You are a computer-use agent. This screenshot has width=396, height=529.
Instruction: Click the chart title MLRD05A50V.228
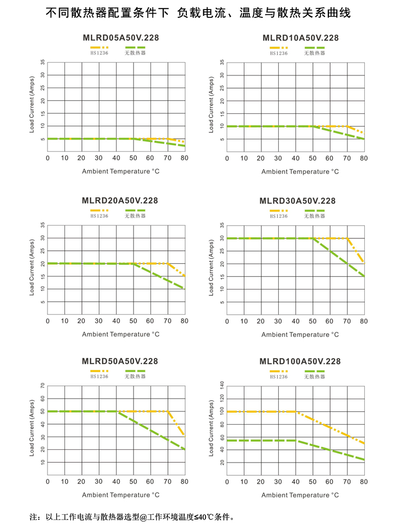120,38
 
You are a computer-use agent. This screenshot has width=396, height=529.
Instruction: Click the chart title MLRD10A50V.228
300,38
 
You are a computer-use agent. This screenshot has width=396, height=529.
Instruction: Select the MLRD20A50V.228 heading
120,200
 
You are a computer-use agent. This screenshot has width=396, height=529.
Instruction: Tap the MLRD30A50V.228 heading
298,200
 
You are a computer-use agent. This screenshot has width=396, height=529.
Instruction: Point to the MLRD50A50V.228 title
120,361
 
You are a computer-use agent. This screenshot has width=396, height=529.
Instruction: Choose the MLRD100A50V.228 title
300,361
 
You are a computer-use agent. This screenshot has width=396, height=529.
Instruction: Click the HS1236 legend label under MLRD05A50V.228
99,53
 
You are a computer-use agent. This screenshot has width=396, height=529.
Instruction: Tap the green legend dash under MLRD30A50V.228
314,210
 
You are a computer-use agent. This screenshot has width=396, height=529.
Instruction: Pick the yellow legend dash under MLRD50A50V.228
99,371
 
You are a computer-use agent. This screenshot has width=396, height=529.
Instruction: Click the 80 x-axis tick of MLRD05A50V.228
184,158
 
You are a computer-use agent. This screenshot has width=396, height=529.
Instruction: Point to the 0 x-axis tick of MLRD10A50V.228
227,158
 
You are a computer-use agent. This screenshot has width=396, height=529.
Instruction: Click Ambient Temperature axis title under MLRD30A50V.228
300,334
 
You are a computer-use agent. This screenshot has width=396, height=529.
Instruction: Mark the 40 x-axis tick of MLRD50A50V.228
116,482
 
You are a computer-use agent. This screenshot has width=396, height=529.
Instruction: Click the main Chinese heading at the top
198,13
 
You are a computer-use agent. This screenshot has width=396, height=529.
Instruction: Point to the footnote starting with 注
132,517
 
